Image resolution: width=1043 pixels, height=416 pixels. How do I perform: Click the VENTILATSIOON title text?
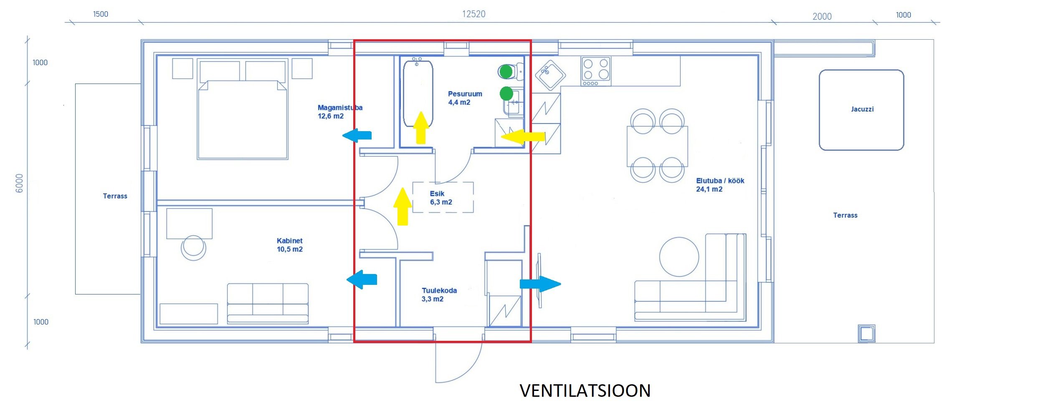[x=585, y=391]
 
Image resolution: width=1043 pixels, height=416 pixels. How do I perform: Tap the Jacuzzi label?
[x=862, y=109]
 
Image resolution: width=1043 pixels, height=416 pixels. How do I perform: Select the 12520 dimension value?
[x=473, y=14]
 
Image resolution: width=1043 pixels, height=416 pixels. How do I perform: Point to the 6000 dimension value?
[x=19, y=183]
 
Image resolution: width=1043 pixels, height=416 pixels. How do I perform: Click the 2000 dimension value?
[x=822, y=17]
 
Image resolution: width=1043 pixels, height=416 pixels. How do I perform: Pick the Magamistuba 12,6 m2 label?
[x=339, y=112]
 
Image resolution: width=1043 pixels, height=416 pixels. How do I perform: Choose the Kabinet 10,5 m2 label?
[x=289, y=245]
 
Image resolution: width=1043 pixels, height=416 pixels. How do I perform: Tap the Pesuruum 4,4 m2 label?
[x=464, y=98]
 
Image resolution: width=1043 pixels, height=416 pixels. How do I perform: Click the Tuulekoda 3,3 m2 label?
[x=438, y=295]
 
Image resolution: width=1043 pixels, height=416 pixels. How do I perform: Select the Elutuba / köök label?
[x=719, y=185]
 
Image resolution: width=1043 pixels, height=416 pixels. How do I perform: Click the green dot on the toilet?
[x=506, y=72]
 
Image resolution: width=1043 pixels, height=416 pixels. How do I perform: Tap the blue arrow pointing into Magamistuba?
[x=357, y=135]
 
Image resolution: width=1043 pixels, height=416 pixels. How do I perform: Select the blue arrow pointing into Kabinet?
[x=362, y=279]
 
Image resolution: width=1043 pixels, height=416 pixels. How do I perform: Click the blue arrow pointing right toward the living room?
[x=540, y=284]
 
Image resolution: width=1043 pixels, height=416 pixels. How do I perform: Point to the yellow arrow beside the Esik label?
[x=402, y=207]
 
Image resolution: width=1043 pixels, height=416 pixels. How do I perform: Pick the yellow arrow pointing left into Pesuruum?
[x=523, y=137]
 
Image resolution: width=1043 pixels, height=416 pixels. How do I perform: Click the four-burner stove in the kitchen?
[x=596, y=71]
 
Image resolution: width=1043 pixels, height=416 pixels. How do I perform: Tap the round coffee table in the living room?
[x=679, y=257]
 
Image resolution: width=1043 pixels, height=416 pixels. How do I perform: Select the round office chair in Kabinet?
[x=193, y=248]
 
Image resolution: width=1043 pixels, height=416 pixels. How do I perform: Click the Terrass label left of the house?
[x=115, y=196]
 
